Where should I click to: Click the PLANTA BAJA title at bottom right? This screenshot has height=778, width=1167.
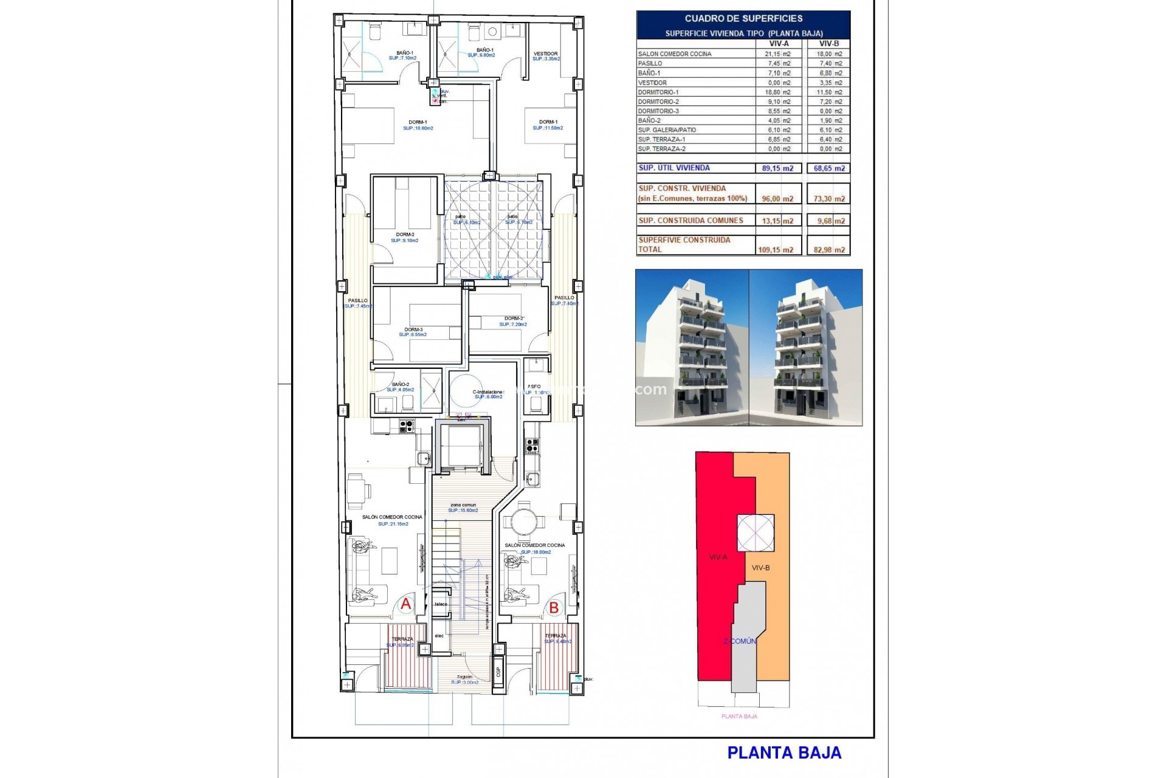[784, 752]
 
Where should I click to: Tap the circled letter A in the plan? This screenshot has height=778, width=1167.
[405, 604]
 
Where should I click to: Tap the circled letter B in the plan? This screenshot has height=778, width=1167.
[554, 607]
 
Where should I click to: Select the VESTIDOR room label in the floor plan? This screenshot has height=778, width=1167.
[545, 53]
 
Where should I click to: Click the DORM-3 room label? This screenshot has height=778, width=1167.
[413, 329]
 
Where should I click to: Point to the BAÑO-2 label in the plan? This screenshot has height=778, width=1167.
[401, 384]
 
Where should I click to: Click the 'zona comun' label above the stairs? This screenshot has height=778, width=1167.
[463, 505]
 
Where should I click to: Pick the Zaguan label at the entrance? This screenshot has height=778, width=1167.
[464, 676]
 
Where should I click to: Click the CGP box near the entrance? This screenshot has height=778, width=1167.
[498, 672]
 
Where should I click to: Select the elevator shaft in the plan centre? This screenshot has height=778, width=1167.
[461, 446]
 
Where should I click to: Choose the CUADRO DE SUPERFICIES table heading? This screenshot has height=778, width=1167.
[743, 19]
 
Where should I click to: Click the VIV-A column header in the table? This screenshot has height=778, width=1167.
[779, 44]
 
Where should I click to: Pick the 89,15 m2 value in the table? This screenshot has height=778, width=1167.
[777, 168]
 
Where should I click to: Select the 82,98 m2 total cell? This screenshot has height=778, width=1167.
[829, 250]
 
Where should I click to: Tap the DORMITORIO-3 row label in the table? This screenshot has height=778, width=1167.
[658, 111]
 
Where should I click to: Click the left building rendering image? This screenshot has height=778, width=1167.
[692, 347]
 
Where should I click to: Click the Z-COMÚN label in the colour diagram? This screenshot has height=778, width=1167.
[740, 641]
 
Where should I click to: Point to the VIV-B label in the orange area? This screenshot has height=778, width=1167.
[760, 568]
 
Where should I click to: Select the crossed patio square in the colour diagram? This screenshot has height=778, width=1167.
[756, 533]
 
